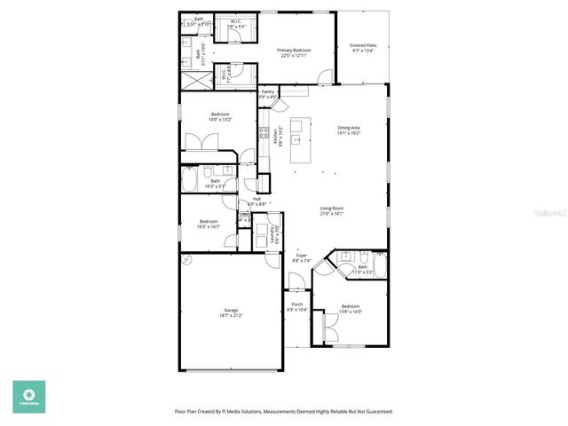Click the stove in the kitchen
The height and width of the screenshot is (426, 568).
pos(264,133)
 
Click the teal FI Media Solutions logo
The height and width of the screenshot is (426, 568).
pos(28,397)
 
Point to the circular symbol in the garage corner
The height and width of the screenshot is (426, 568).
pos(186,261)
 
